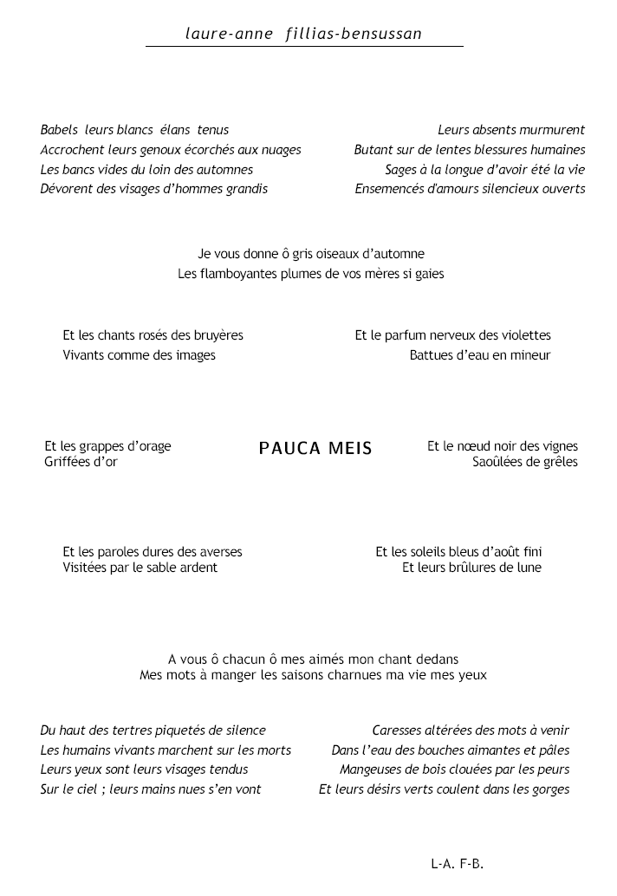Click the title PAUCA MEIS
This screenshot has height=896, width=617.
pyautogui.click(x=315, y=448)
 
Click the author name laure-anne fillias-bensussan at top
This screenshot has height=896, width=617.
pyautogui.click(x=303, y=35)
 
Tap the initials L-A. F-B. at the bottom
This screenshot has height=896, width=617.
pyautogui.click(x=457, y=864)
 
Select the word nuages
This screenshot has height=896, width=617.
pyautogui.click(x=278, y=150)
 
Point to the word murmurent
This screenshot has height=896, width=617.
pyautogui.click(x=552, y=130)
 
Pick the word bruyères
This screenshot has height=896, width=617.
pyautogui.click(x=218, y=335)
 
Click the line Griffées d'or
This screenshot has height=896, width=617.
pyautogui.click(x=81, y=462)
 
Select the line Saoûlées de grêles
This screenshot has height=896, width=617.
pyautogui.click(x=525, y=462)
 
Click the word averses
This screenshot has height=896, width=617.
pyautogui.click(x=219, y=552)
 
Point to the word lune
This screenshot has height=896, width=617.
pyautogui.click(x=528, y=568)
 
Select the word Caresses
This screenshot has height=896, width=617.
pyautogui.click(x=398, y=731)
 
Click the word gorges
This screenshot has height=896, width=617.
pyautogui.click(x=550, y=789)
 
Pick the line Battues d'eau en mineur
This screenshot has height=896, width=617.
pyautogui.click(x=480, y=355)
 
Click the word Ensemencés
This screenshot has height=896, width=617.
pyautogui.click(x=389, y=189)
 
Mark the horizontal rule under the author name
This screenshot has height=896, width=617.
pyautogui.click(x=303, y=46)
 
